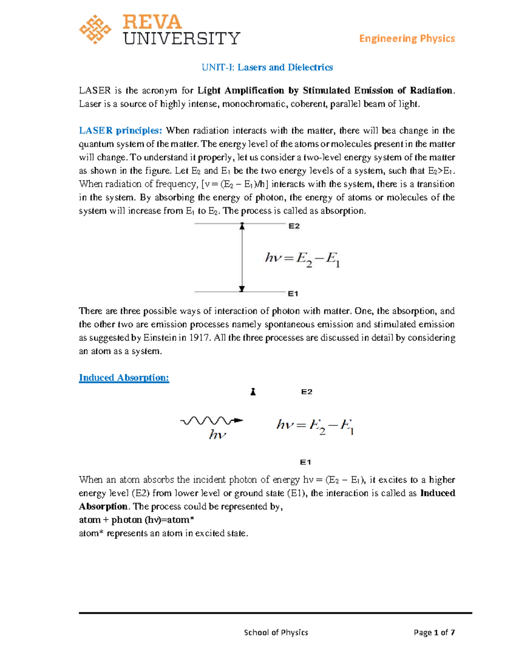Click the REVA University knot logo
pos(95,30)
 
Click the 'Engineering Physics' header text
pos(407,39)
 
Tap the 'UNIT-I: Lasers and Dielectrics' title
pos(267,67)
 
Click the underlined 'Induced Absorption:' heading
pos(124,378)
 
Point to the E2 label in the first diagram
pos(294,226)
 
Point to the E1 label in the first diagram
pos(293,294)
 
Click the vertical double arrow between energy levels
pos(242,258)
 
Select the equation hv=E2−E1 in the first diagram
pos(303,259)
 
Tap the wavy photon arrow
pos(212,421)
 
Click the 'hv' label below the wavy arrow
pos(218,435)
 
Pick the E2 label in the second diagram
pos(307,392)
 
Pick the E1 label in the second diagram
pos(305,462)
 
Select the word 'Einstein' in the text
pos(160,338)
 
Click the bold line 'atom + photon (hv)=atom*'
pos(137,520)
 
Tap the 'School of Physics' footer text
pos(276,632)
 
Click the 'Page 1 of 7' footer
pos(434,632)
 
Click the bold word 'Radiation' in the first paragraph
pos(431,91)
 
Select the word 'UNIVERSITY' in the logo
pos(181,39)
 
